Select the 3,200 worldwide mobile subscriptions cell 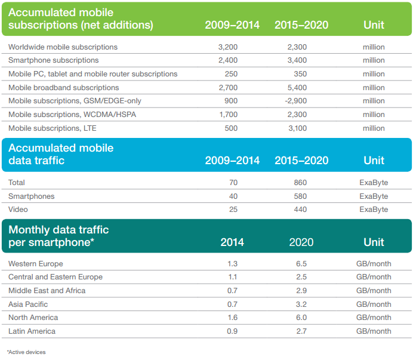click(229, 47)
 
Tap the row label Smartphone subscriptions click(54, 60)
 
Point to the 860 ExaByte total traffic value click(302, 182)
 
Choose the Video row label click(19, 210)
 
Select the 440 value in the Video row click(302, 210)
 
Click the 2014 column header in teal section click(232, 242)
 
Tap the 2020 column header click(301, 242)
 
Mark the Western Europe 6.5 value click(302, 263)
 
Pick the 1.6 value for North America click(232, 318)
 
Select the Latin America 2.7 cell click(302, 331)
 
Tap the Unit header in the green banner click(374, 25)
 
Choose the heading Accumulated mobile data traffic click(61, 154)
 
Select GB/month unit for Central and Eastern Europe click(374, 277)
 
